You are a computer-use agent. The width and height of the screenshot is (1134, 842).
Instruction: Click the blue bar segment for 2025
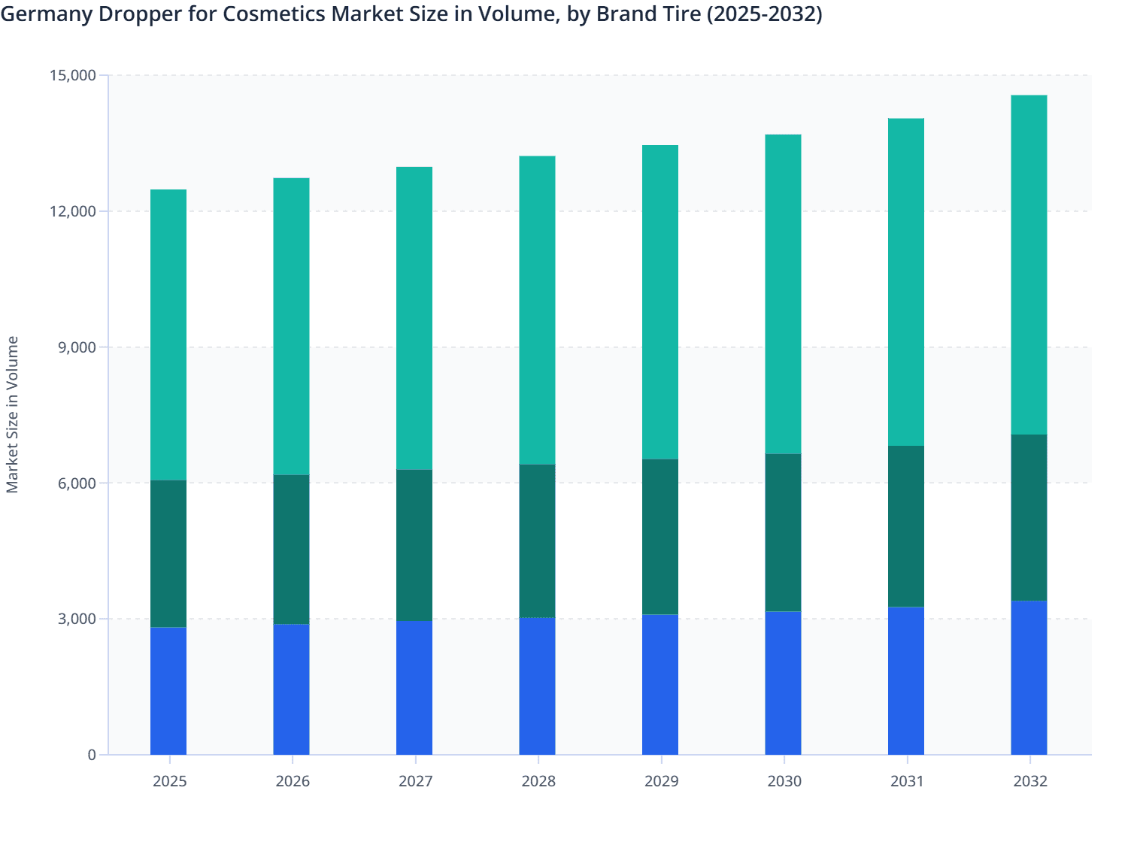tap(168, 691)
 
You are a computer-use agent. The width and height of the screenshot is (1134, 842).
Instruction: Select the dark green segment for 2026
tap(291, 550)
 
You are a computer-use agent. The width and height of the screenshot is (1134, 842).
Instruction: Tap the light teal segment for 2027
tap(414, 318)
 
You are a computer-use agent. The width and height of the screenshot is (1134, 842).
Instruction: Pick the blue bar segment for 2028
tap(537, 686)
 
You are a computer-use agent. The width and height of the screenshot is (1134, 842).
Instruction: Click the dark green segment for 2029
tap(660, 537)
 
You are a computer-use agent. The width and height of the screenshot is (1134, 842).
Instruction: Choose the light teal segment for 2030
tap(783, 294)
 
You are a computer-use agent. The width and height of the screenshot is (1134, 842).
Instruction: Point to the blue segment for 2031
tap(906, 680)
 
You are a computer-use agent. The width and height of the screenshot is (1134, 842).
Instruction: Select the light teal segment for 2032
tap(1029, 265)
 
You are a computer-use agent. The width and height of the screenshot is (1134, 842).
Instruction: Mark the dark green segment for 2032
tap(1029, 517)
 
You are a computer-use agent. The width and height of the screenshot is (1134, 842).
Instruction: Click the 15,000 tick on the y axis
tap(73, 75)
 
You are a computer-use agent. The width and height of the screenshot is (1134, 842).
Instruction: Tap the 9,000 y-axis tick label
tap(77, 347)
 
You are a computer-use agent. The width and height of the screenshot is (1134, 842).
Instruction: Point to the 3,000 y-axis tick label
tap(77, 619)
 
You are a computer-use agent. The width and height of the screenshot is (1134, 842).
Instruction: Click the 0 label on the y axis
tap(92, 755)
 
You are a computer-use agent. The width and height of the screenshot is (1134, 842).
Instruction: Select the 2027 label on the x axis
tap(415, 781)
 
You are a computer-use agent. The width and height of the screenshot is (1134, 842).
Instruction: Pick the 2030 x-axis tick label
tap(784, 781)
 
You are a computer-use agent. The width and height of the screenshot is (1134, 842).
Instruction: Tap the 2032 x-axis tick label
tap(1030, 781)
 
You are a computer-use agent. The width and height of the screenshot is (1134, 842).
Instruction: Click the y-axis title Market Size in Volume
tap(13, 414)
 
